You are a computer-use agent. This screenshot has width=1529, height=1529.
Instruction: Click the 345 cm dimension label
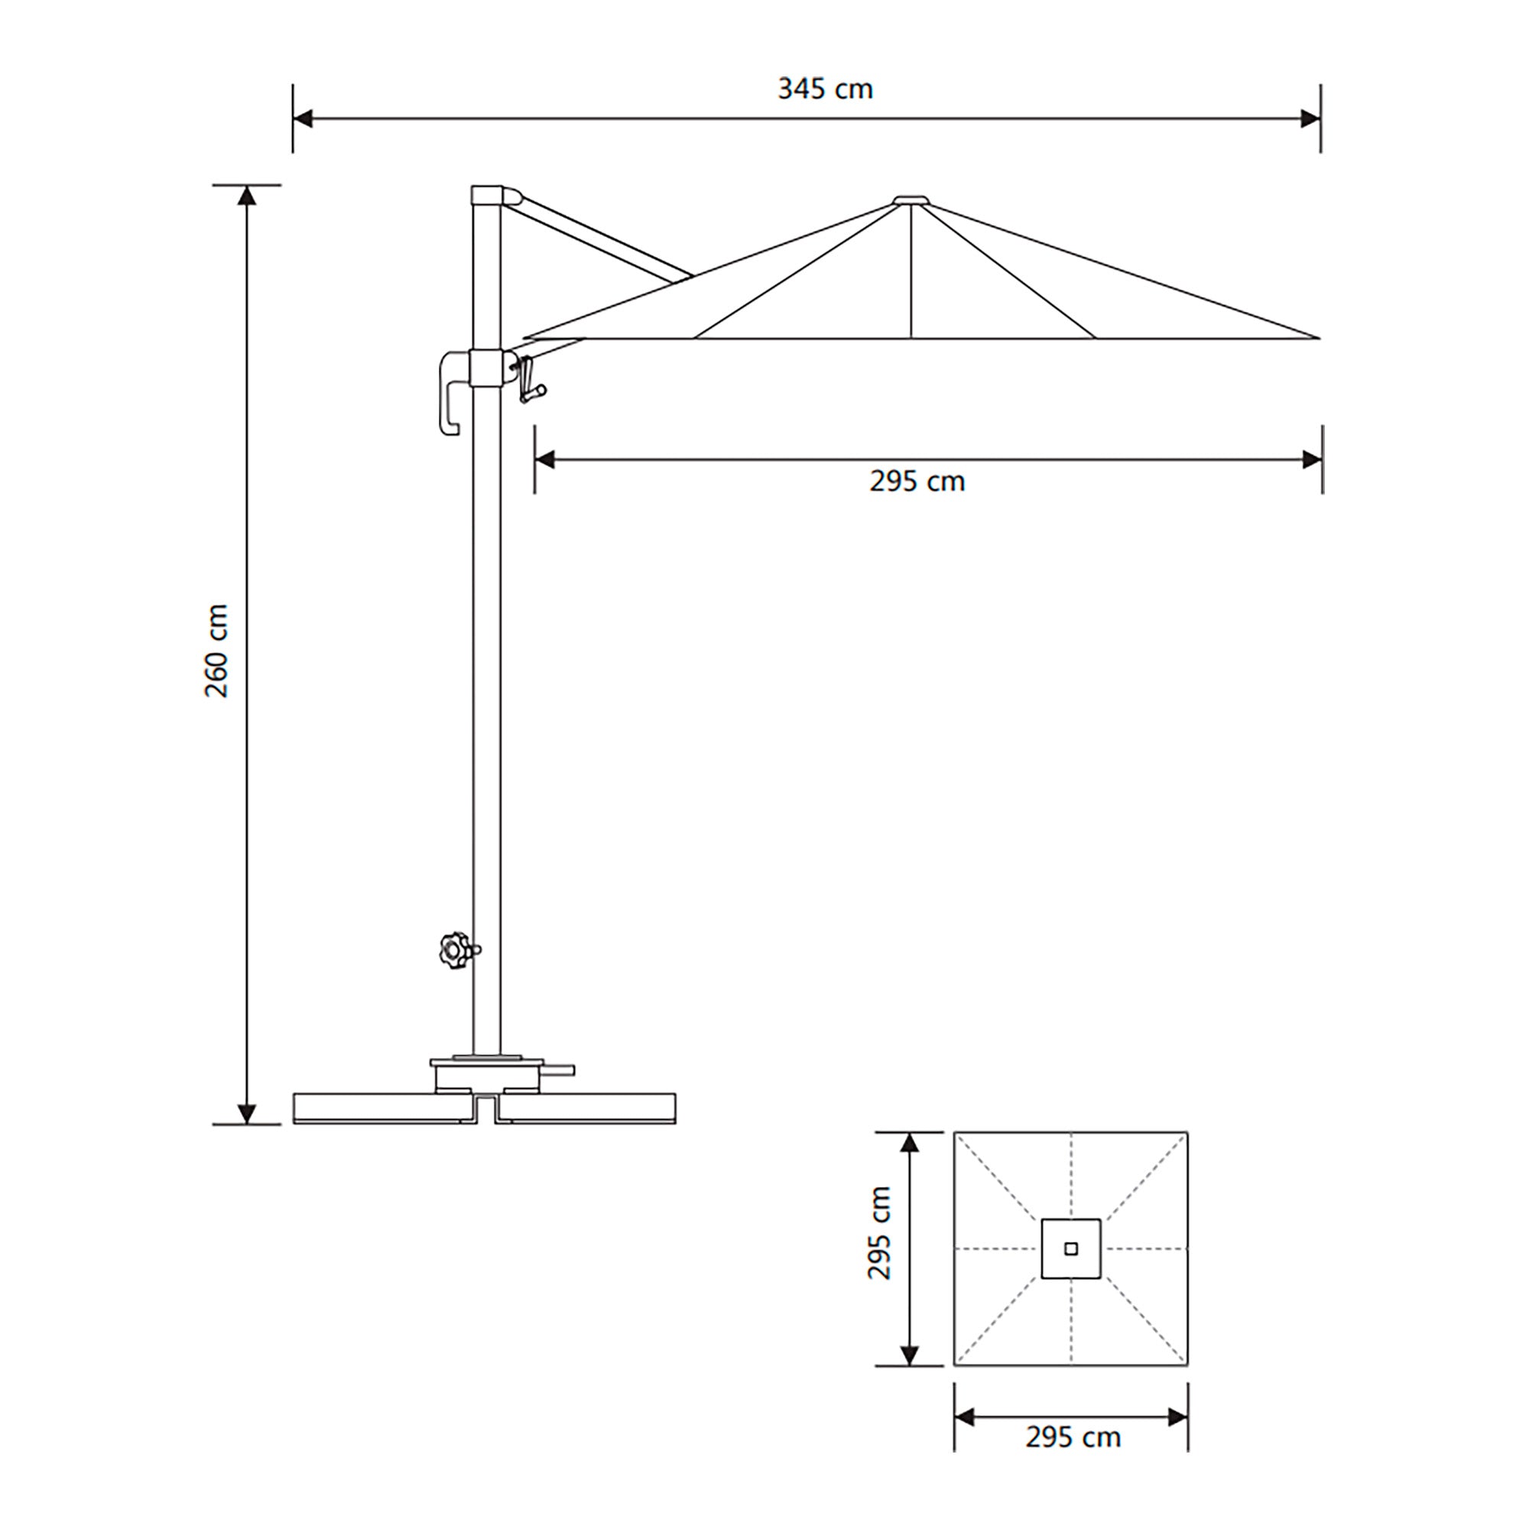coord(825,89)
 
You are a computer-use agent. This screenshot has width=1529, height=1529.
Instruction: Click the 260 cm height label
coord(216,651)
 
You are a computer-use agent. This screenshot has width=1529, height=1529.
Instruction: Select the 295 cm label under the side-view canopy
coord(917,481)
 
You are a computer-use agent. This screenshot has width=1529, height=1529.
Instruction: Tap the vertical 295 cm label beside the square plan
coord(879,1232)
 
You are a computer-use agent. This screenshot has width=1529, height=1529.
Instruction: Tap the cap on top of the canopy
coord(911,200)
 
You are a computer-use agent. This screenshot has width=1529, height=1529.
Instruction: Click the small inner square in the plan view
coord(1071,1249)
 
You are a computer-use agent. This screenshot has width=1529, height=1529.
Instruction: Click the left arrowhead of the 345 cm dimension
coord(301,118)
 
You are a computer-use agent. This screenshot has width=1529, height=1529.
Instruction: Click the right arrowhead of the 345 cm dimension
coord(1311,118)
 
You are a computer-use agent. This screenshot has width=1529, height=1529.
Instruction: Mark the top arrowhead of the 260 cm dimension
coord(247,195)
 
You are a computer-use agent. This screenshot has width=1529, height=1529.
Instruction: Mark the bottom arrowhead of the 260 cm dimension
coord(247,1114)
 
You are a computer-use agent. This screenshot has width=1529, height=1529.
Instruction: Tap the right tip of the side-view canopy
coord(1317,338)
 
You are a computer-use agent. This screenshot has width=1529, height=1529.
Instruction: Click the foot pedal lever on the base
coord(558,1071)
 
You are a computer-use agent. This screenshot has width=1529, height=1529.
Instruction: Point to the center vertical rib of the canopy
coord(911,273)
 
